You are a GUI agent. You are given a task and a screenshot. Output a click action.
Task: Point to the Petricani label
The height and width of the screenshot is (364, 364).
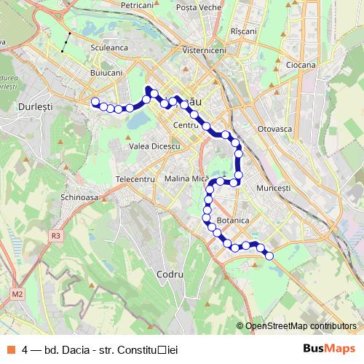(138, 5)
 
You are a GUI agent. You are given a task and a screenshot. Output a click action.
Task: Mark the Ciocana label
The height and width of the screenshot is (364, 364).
(301, 65)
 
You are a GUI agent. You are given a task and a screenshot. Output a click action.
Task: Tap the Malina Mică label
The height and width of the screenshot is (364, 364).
(186, 178)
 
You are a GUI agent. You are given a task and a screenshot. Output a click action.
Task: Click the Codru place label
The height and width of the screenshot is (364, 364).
(169, 274)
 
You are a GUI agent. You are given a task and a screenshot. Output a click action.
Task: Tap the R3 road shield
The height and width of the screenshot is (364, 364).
(56, 236)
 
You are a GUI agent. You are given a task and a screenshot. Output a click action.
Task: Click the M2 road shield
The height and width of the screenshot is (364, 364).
(17, 294)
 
